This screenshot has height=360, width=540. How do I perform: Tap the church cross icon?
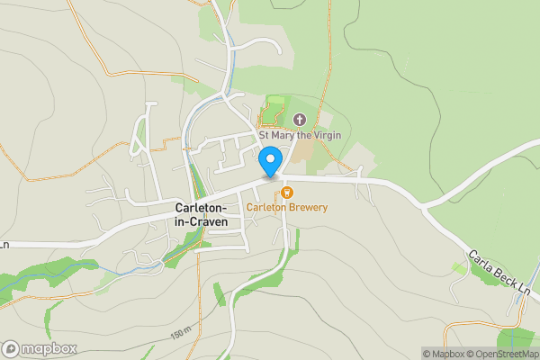pyautogui.click(x=300, y=120)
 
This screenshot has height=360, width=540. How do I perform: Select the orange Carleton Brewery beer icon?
pyautogui.click(x=286, y=191)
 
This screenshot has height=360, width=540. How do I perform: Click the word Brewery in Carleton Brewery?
pyautogui.click(x=307, y=207)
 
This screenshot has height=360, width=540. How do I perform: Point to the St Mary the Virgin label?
pyautogui.click(x=300, y=135)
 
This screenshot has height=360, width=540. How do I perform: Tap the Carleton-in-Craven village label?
pyautogui.click(x=201, y=214)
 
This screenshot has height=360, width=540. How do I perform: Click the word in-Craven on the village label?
pyautogui.click(x=201, y=221)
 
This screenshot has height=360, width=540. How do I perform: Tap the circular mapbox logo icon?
pyautogui.click(x=11, y=349)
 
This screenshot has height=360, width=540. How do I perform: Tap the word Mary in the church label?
pyautogui.click(x=286, y=135)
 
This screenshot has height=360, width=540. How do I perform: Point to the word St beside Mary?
pyautogui.click(x=265, y=135)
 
